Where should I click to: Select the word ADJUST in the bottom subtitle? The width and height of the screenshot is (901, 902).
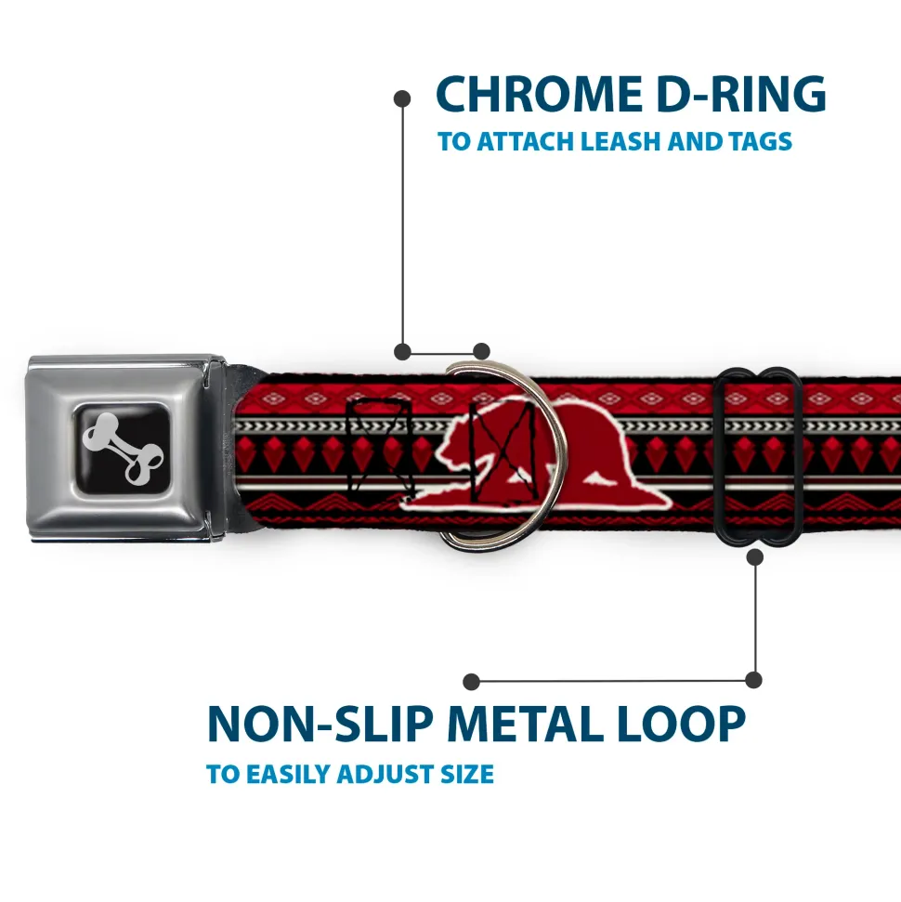(377, 774)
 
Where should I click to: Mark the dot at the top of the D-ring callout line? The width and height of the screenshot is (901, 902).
(402, 98)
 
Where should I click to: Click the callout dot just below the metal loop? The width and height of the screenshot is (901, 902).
(754, 557)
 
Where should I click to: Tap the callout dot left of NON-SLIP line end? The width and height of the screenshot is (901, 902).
(472, 682)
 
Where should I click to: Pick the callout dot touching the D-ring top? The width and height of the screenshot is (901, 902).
(480, 351)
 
